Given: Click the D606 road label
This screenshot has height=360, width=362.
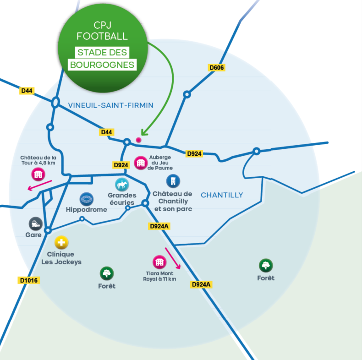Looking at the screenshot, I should point(217,68).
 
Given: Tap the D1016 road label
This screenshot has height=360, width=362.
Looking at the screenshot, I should point(29,280).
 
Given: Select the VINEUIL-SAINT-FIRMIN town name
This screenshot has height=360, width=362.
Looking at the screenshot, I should point(110,105).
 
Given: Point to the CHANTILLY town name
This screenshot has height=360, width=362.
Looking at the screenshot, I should point(222,195).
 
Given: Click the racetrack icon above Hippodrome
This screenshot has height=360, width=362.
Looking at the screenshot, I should point(86,199).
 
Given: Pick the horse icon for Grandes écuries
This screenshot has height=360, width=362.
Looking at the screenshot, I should point(122,185).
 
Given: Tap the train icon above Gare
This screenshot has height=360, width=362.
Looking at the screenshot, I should point(35,224).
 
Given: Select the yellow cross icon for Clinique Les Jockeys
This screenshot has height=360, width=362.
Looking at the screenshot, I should point(61,243).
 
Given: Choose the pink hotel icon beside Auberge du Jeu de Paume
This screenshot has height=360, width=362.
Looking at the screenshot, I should point(141,163).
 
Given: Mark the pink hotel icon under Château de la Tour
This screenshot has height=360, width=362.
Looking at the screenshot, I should point(38,174).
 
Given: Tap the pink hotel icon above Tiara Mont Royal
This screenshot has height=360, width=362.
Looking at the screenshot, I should point(159,262).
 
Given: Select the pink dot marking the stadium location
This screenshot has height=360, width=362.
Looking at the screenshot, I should point(138,140).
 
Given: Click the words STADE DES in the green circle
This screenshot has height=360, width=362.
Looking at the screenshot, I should point(102,52).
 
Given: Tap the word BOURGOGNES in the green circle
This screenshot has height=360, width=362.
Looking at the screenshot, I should point(102,65).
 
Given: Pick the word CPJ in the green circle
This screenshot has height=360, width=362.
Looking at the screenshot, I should point(102,26).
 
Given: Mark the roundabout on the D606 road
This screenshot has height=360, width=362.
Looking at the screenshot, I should point(187,94).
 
